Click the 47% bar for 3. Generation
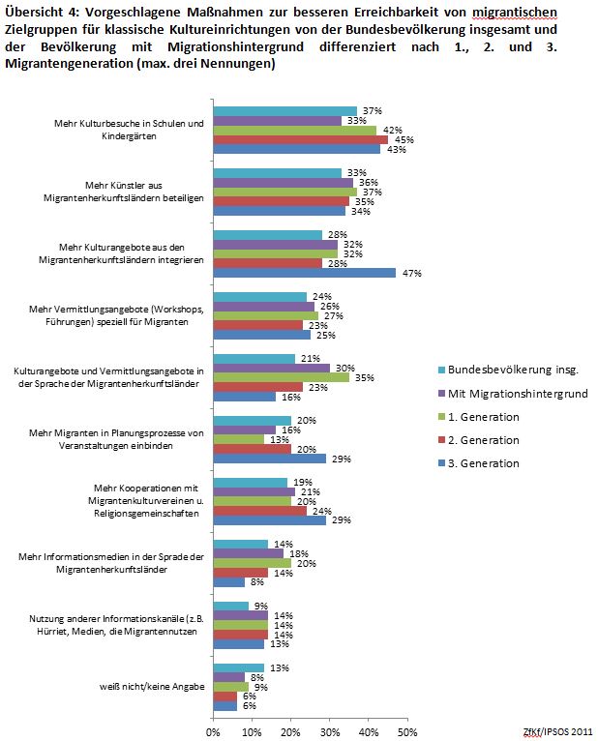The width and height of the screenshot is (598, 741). coord(304,273)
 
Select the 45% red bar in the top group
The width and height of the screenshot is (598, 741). coord(300,139)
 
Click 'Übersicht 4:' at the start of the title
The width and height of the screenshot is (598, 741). coord(39,12)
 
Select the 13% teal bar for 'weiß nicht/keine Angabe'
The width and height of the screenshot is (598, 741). coord(238,667)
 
